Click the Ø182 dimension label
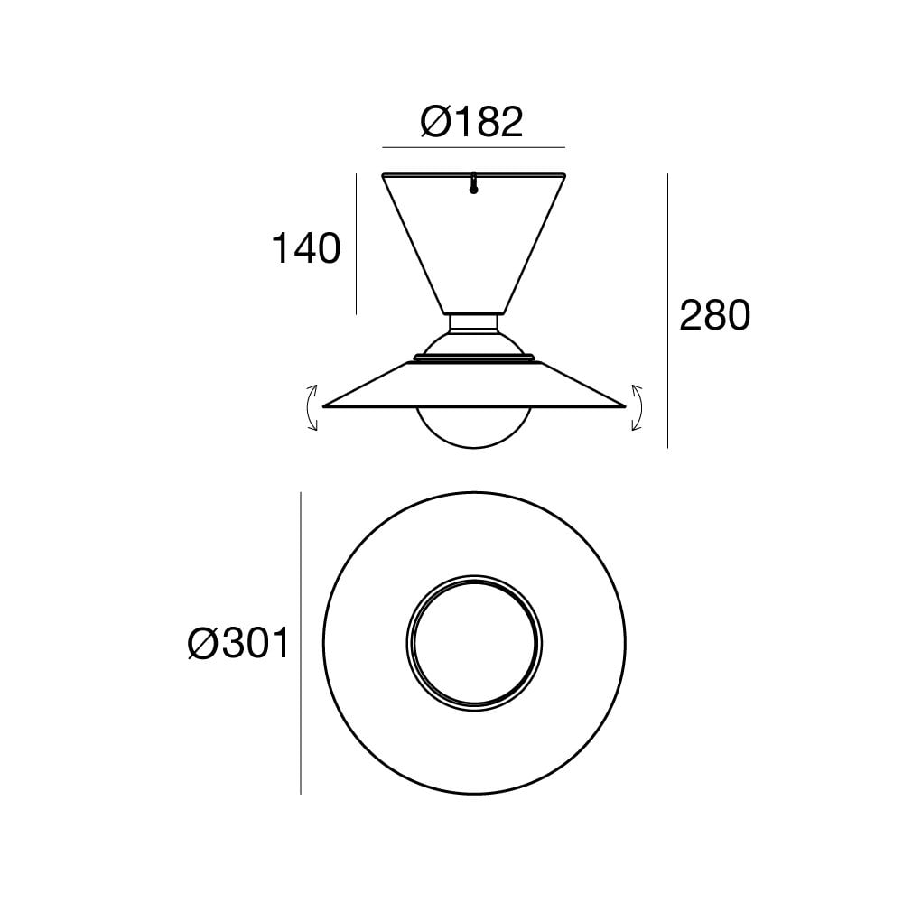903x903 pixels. (x=472, y=122)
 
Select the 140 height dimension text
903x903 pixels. (x=306, y=247)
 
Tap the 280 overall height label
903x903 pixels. (x=714, y=316)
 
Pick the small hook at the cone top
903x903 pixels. (x=473, y=184)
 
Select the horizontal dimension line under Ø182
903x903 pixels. (x=473, y=147)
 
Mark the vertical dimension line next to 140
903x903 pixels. (x=357, y=244)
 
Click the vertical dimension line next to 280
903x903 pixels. (x=667, y=312)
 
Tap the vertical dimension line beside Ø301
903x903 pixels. (x=301, y=643)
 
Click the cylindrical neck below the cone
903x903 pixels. (x=474, y=322)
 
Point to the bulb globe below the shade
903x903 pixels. (x=474, y=429)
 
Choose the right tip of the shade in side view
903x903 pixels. (x=624, y=405)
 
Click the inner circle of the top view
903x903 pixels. (x=474, y=642)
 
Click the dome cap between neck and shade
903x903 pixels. (x=474, y=345)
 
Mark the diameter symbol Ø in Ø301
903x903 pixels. (x=204, y=645)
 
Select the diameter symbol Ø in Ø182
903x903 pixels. (x=437, y=122)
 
